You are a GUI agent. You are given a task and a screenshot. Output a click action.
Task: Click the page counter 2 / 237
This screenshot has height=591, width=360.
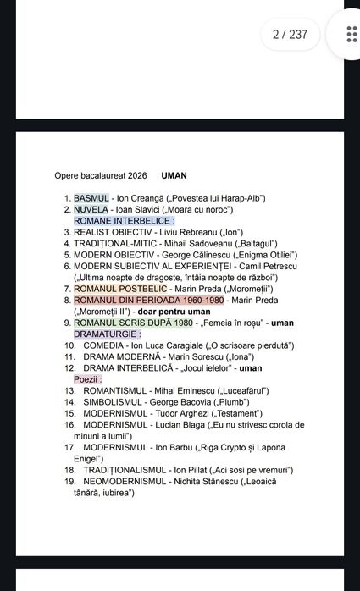[290, 35]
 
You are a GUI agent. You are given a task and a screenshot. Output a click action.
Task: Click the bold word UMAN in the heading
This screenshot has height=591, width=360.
[174, 176]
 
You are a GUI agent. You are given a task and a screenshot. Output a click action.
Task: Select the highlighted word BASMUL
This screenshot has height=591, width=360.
[91, 198]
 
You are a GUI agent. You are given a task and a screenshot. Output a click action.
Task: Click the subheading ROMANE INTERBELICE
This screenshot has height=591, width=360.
[124, 220]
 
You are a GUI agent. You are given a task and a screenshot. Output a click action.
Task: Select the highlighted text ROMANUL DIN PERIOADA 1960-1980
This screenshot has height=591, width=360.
[148, 300]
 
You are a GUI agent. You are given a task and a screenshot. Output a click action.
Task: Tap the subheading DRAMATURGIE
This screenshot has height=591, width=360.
[107, 334]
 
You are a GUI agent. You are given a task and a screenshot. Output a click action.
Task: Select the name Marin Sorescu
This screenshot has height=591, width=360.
[177, 356]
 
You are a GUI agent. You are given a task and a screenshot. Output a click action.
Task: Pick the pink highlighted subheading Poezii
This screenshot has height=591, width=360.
[88, 379]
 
